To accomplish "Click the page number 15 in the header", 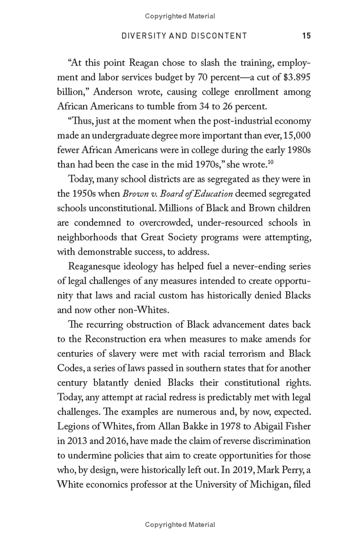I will [306, 36].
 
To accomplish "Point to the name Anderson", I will [123, 92].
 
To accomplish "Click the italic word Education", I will [214, 194].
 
